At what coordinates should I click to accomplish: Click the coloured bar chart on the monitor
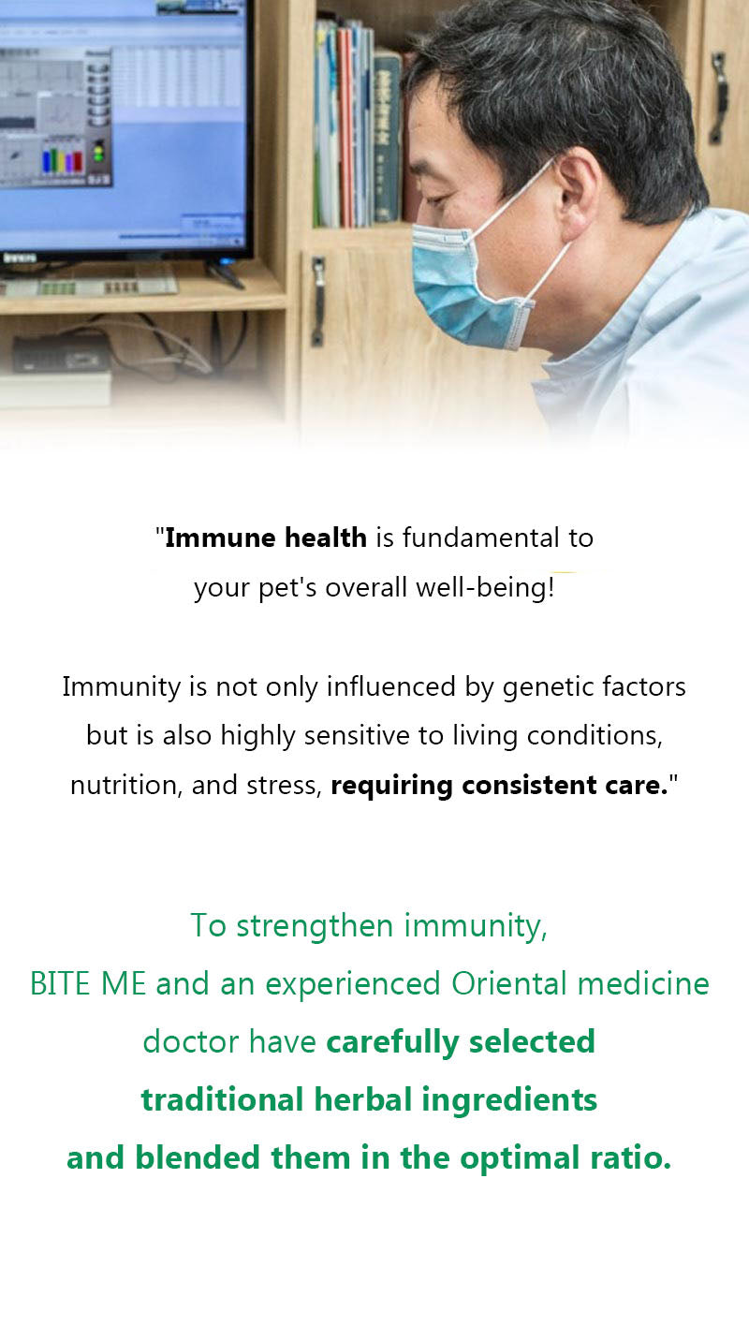pyautogui.click(x=62, y=160)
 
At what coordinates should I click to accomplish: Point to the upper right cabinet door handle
pyautogui.click(x=718, y=97)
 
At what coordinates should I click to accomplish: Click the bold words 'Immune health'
pyautogui.click(x=266, y=538)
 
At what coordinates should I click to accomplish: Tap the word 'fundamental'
pyautogui.click(x=481, y=538)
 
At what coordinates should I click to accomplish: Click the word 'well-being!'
pyautogui.click(x=485, y=587)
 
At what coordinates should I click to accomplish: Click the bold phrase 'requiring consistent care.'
pyautogui.click(x=499, y=786)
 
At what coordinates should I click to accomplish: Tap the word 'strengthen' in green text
pyautogui.click(x=315, y=926)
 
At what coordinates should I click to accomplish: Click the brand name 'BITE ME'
pyautogui.click(x=88, y=984)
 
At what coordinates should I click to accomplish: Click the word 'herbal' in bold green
pyautogui.click(x=362, y=1100)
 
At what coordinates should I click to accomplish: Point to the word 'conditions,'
pyautogui.click(x=595, y=736)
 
